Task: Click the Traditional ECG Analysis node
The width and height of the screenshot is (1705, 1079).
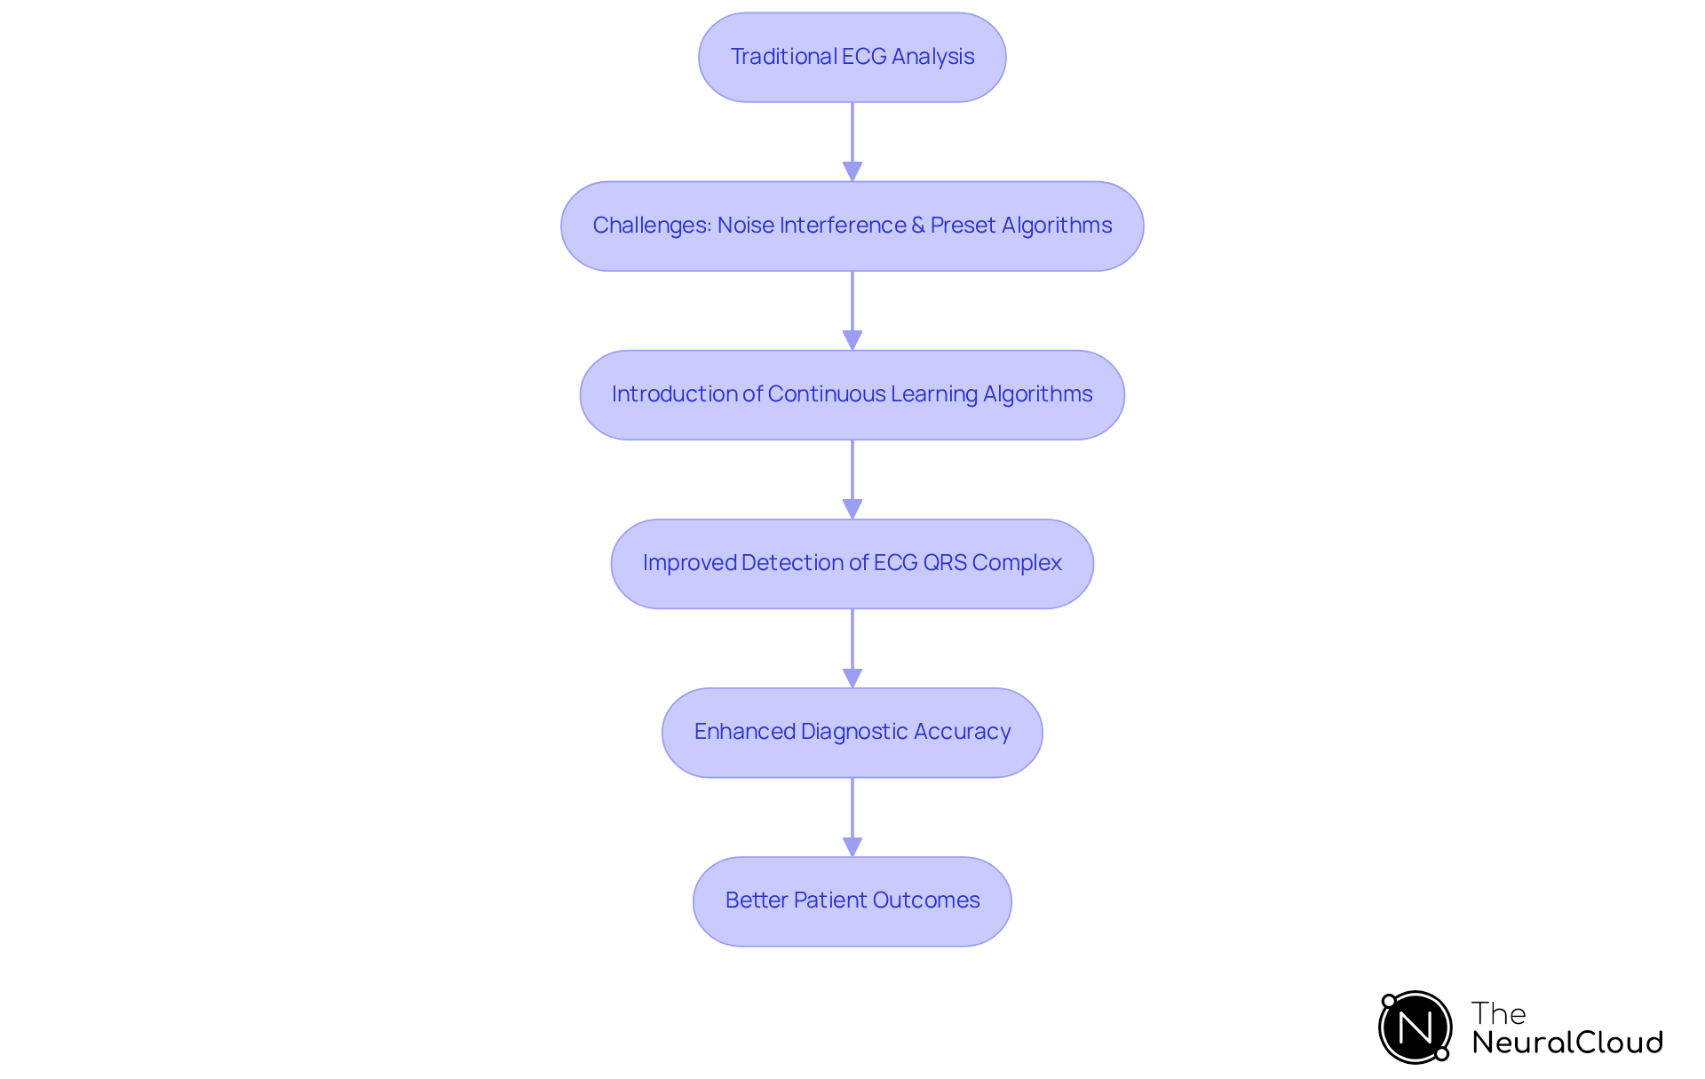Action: (852, 58)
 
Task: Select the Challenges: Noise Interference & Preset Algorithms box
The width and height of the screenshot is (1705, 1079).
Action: (852, 226)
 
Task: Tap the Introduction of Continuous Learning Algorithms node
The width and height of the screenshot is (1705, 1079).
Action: (852, 395)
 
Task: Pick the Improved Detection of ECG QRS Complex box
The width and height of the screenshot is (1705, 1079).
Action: (852, 564)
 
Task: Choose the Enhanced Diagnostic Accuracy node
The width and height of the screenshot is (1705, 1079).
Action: (852, 733)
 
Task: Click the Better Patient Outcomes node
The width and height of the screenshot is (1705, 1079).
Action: (852, 901)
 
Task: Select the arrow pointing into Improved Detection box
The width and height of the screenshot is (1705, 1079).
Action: (852, 480)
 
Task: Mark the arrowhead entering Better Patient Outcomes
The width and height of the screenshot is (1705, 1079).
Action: (852, 846)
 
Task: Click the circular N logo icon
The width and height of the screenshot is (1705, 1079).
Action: (1416, 1027)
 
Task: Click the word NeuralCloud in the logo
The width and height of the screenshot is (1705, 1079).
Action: (1566, 1043)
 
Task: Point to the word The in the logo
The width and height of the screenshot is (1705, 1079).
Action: (1498, 1013)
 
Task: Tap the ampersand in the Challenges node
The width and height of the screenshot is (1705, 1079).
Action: (917, 226)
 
